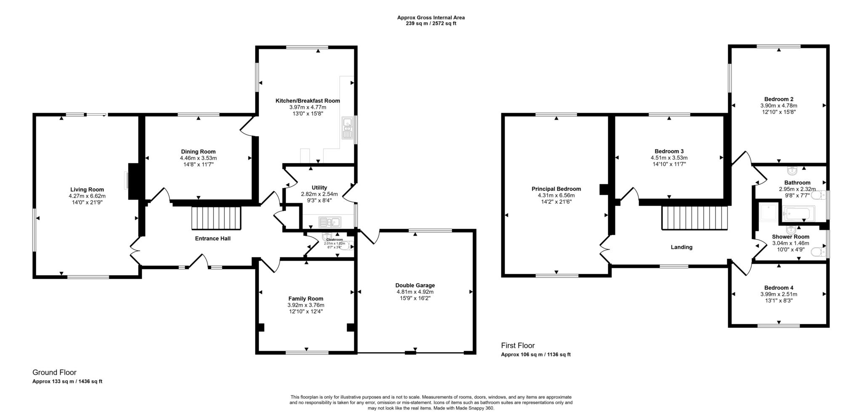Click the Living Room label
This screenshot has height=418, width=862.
[x=87, y=190]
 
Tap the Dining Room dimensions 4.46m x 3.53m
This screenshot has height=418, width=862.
[x=198, y=158]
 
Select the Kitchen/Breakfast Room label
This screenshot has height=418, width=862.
[x=307, y=101]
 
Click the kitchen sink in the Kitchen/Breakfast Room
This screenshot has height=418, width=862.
[x=348, y=129]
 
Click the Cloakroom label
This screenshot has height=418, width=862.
[x=335, y=239]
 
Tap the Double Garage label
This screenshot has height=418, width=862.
[x=415, y=285]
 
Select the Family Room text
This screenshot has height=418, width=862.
[x=306, y=299]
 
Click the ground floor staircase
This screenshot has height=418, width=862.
[x=216, y=218]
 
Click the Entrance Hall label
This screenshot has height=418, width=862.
[x=213, y=238]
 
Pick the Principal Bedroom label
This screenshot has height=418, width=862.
[x=556, y=189]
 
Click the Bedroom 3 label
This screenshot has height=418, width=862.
[x=669, y=151]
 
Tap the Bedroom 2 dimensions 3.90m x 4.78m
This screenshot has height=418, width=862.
[x=778, y=106]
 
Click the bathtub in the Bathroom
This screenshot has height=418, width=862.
[x=798, y=213]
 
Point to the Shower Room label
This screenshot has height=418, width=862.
[x=790, y=237]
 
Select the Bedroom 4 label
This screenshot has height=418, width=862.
[x=778, y=288]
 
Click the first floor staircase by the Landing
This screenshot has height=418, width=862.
[x=694, y=218]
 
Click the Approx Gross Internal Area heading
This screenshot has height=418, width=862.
[x=431, y=18]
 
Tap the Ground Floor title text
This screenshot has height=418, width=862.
[x=54, y=372]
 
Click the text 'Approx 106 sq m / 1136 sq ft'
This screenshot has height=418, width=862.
[x=535, y=354]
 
